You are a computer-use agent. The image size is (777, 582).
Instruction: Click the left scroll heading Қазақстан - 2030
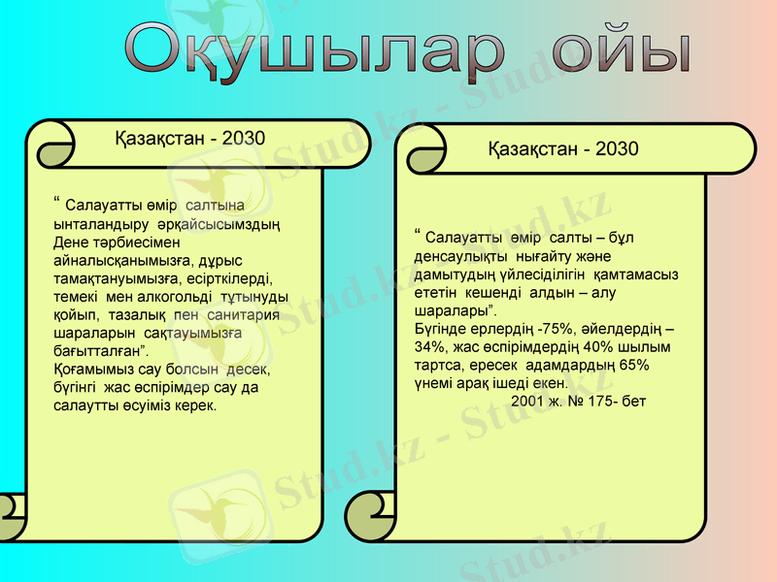coord(189,138)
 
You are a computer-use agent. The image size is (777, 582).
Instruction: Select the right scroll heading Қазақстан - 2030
coord(563,149)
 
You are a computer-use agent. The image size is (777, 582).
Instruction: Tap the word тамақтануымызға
coord(114,277)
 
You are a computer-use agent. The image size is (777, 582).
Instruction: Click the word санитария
coord(241,314)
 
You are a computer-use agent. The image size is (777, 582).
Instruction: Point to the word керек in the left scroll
coord(192,405)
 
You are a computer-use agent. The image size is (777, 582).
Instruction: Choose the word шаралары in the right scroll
coord(451,310)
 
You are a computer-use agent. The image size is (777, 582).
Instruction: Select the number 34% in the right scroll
coord(429,346)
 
